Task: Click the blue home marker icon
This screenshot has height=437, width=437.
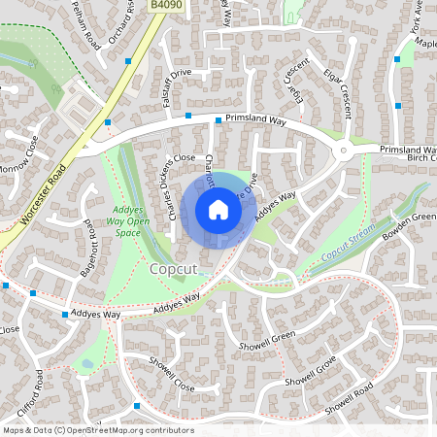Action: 218,208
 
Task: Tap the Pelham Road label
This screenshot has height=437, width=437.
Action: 86,25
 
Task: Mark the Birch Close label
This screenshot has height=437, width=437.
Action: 417,162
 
